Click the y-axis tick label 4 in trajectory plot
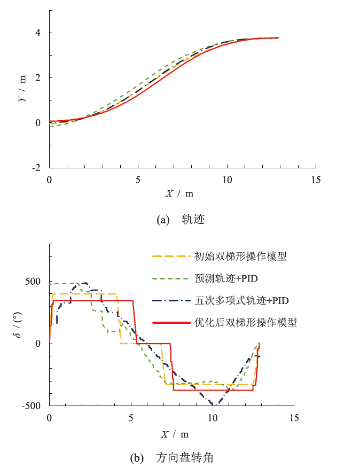pos(38,33)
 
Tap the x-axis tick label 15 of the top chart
pos(316,180)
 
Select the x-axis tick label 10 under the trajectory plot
pos(227,180)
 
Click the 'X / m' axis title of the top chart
pos(179,193)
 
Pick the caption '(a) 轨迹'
pos(179,219)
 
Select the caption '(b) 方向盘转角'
pos(179,458)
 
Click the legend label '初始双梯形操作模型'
pos(241,256)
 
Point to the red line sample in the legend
pos(171,323)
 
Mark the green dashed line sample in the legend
pos(171,279)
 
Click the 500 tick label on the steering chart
pos(35,282)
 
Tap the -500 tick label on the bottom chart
pos(33,406)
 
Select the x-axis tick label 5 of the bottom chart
pos(131,417)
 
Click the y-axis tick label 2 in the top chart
pos(38,78)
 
